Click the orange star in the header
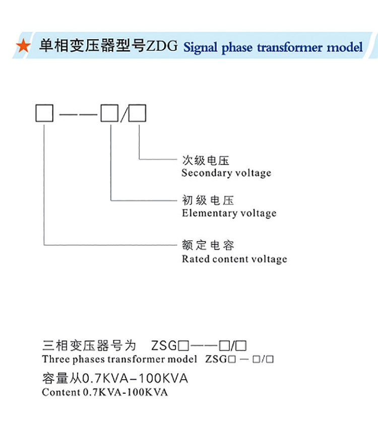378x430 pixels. [23, 47]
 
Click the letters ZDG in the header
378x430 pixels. [162, 47]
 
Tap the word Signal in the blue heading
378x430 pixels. [201, 48]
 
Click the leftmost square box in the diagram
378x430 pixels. [44, 113]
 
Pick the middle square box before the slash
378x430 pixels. [109, 113]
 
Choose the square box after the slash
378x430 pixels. [137, 113]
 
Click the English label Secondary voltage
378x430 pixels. [226, 173]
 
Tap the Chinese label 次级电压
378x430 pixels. [206, 161]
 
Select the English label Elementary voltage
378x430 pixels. [229, 213]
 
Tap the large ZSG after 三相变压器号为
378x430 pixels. [164, 346]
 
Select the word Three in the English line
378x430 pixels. [53, 360]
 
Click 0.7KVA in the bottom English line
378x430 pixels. [102, 392]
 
